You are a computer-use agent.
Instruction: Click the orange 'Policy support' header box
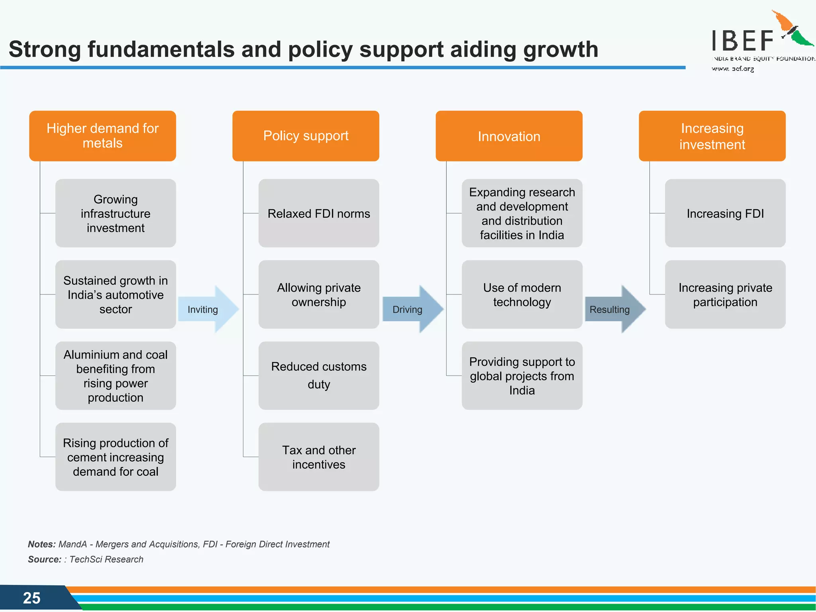tap(306, 136)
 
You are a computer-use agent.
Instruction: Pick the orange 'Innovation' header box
tap(509, 136)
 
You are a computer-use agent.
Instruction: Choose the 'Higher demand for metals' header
tap(102, 136)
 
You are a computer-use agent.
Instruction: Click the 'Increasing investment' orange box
tap(712, 136)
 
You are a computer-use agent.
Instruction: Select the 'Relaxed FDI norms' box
tap(319, 213)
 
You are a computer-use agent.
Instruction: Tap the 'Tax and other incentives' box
tap(319, 457)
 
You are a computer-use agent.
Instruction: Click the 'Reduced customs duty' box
tap(319, 375)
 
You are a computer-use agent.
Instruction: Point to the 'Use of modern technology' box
tap(522, 294)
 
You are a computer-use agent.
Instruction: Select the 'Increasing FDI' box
tap(725, 213)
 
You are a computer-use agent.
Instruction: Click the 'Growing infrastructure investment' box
tap(116, 213)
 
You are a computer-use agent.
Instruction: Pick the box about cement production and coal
tap(116, 457)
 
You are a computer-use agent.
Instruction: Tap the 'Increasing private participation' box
tap(725, 294)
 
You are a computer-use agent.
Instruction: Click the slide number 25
tap(31, 598)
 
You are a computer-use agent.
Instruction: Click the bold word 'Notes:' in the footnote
tap(41, 544)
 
